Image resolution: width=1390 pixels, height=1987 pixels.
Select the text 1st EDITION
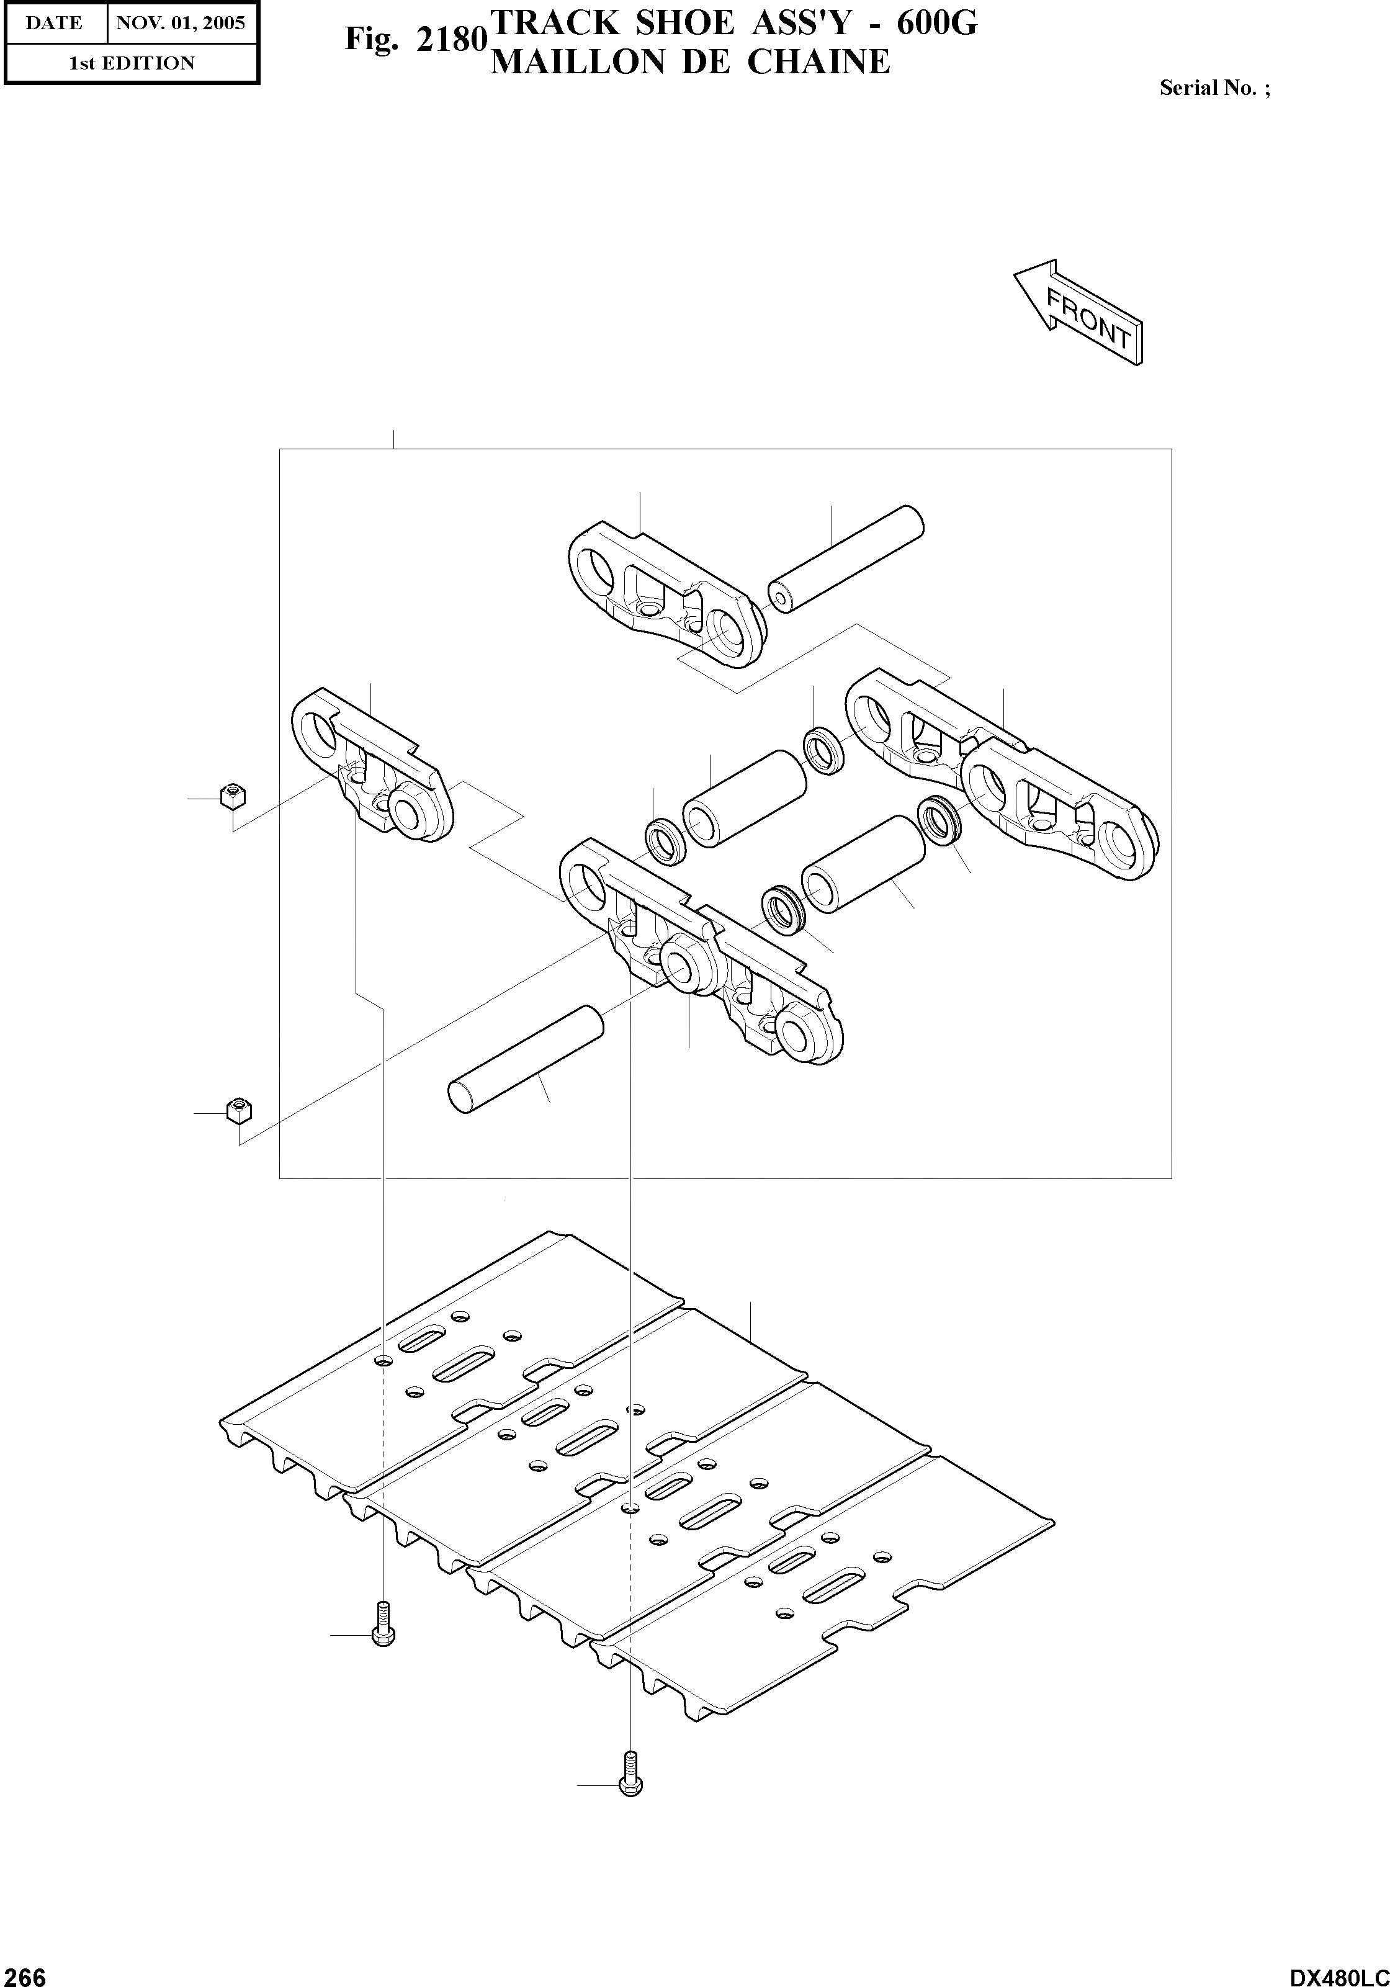tap(132, 63)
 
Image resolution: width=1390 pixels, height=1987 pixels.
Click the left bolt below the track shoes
tap(381, 1625)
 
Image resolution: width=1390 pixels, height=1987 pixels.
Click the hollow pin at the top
tap(846, 559)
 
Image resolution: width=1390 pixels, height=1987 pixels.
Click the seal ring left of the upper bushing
tap(666, 840)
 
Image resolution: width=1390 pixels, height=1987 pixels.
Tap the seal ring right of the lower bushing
tap(938, 818)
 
